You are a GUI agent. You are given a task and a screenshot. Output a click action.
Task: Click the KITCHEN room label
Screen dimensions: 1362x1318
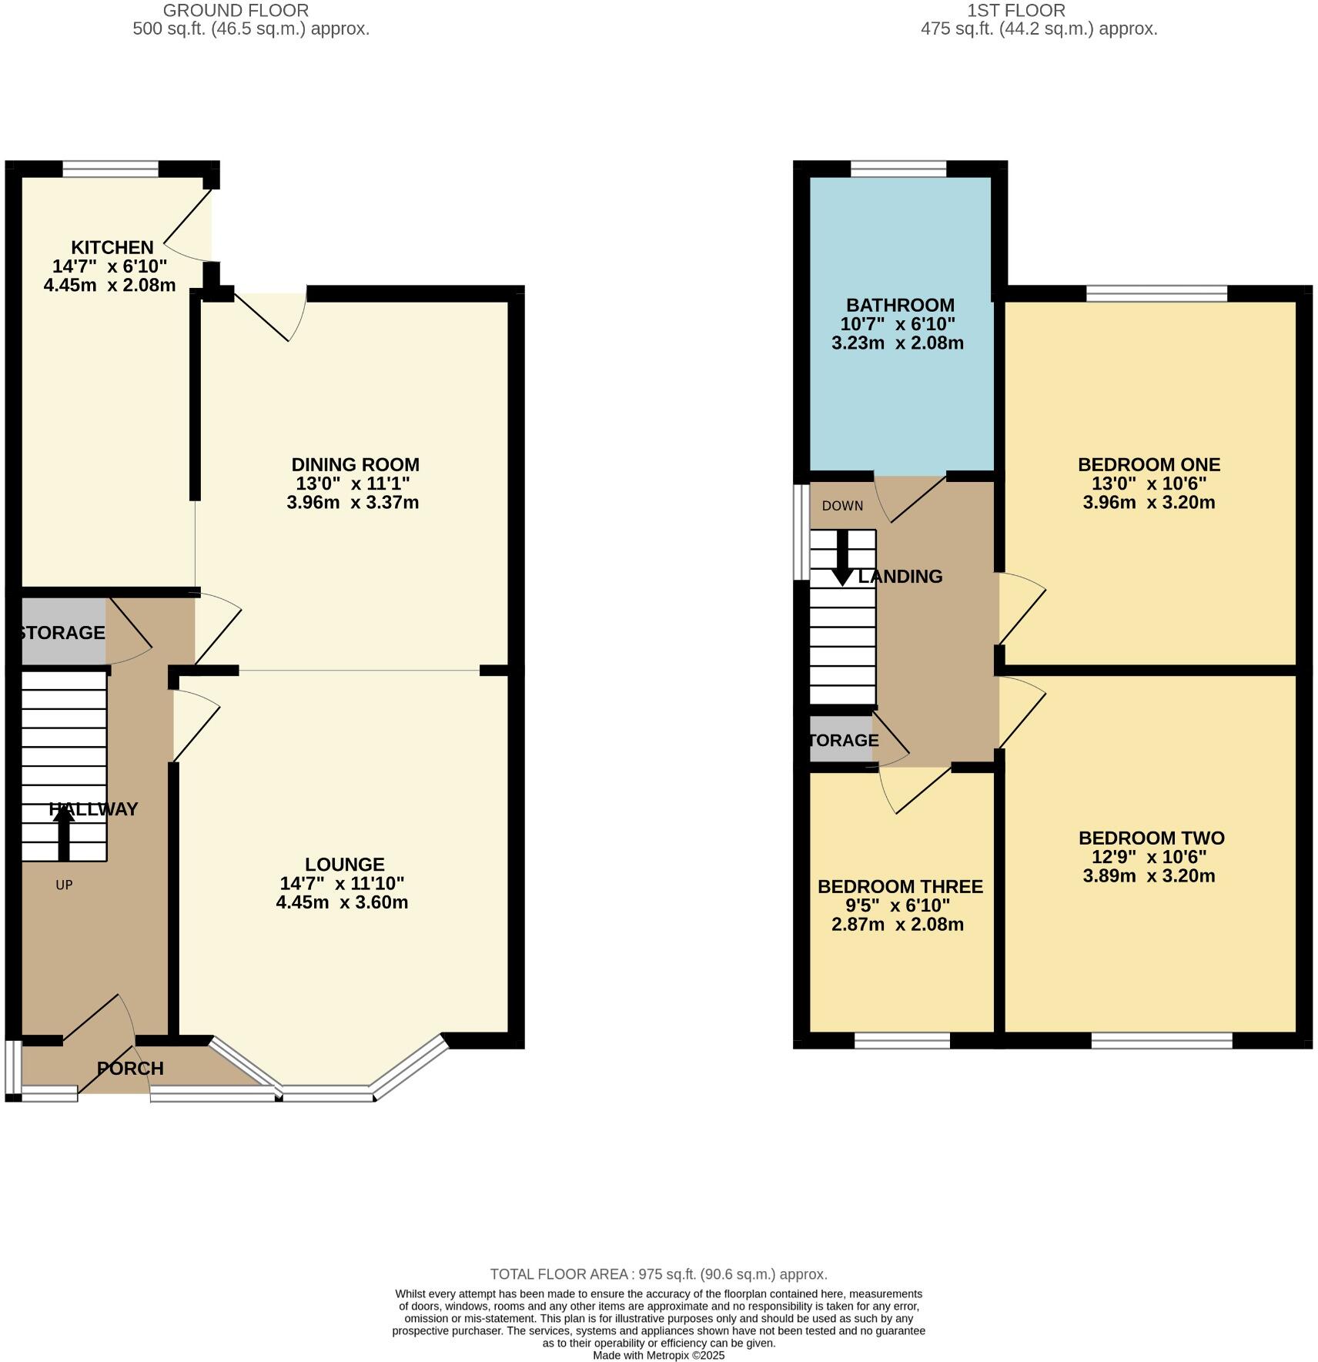pyautogui.click(x=112, y=247)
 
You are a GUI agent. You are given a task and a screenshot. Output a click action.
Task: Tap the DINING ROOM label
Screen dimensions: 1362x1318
pyautogui.click(x=355, y=464)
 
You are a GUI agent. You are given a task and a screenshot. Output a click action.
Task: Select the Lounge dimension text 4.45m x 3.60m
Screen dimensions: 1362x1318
pyautogui.click(x=342, y=902)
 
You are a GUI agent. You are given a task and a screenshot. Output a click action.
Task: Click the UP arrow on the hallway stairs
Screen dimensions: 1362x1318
pyautogui.click(x=64, y=837)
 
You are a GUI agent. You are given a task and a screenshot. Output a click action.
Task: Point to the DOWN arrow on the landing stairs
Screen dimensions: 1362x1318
pyautogui.click(x=842, y=558)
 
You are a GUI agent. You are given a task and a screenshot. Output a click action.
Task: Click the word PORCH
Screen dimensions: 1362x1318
pyautogui.click(x=130, y=1069)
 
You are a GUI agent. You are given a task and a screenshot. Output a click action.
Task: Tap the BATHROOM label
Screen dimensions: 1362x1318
pyautogui.click(x=900, y=305)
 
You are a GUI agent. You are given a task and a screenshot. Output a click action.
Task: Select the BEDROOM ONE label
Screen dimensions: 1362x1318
pyautogui.click(x=1149, y=464)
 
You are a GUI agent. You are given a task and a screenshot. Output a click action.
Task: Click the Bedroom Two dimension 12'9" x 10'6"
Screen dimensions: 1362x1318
pyautogui.click(x=1149, y=857)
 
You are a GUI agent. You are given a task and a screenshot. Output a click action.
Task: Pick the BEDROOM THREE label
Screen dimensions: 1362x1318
pyautogui.click(x=900, y=886)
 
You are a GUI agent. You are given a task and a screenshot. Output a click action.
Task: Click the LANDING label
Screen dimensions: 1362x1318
pyautogui.click(x=900, y=576)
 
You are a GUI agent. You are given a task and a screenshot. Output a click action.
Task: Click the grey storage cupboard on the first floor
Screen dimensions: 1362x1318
pyautogui.click(x=841, y=740)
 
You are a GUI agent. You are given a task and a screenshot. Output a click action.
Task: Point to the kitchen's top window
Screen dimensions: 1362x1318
pyautogui.click(x=110, y=169)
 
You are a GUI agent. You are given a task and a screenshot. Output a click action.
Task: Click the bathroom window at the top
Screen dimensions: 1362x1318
pyautogui.click(x=898, y=169)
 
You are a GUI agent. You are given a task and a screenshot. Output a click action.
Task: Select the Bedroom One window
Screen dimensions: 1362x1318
pyautogui.click(x=1156, y=293)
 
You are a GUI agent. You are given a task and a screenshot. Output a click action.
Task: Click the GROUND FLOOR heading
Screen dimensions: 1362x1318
pyautogui.click(x=236, y=11)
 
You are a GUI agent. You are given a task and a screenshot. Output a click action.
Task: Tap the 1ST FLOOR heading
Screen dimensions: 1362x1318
pyautogui.click(x=1016, y=11)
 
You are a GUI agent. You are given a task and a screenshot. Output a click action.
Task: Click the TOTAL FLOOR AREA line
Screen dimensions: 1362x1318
pyautogui.click(x=658, y=1274)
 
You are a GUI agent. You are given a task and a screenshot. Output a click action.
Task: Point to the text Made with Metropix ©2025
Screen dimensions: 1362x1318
pyautogui.click(x=658, y=1355)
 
